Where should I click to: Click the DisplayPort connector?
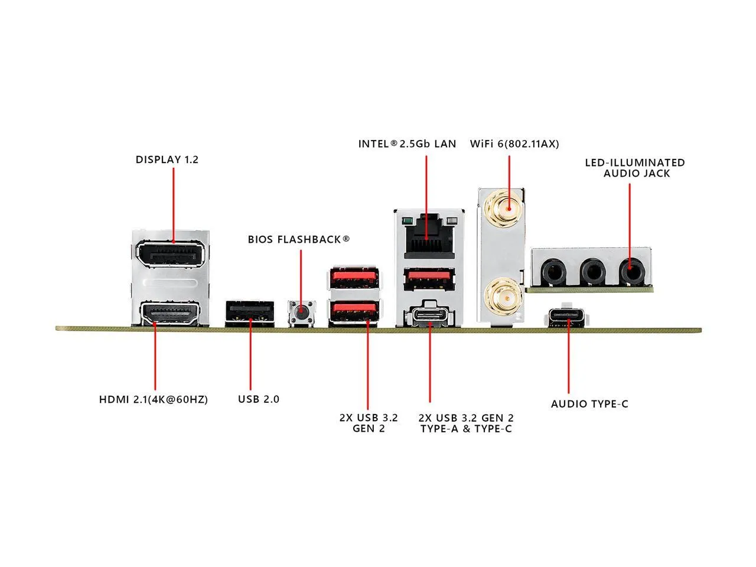tap(170, 255)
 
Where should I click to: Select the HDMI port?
tap(170, 314)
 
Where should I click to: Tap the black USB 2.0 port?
tap(250, 313)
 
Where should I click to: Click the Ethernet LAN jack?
tap(429, 237)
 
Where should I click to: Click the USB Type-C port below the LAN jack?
tap(429, 315)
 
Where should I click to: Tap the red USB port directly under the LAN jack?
tap(429, 278)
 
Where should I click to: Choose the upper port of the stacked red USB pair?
tap(354, 278)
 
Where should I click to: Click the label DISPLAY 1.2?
tap(167, 159)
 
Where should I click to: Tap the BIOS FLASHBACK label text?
tap(299, 239)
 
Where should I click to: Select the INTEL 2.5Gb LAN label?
tap(407, 144)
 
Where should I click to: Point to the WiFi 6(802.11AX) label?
tap(514, 144)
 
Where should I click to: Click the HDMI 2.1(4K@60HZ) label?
tap(154, 399)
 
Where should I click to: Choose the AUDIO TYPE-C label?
tap(589, 404)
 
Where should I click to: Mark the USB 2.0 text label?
tap(259, 399)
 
